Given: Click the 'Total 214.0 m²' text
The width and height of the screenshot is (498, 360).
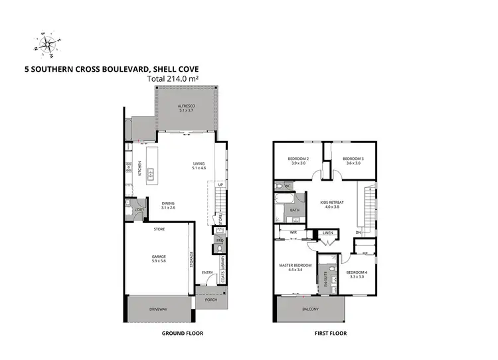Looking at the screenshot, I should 173,78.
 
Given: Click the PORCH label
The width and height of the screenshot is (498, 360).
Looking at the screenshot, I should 212,300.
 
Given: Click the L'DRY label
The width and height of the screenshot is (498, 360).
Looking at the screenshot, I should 139,211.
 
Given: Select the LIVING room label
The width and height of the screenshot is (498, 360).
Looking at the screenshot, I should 199,165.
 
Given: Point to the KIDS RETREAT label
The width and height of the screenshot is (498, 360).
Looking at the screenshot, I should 332,203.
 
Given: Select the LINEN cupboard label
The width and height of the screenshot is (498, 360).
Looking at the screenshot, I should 327,233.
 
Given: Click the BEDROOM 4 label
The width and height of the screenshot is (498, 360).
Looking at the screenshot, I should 355,273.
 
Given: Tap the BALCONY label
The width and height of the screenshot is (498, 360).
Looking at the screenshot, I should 310,310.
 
